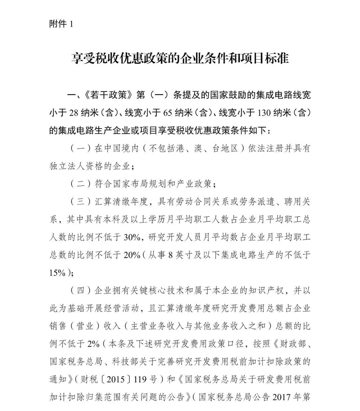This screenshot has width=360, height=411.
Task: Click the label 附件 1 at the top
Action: click(x=61, y=24)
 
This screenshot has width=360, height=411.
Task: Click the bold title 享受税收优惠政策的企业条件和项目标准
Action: click(x=180, y=58)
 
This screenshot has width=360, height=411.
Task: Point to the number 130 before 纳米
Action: click(x=265, y=113)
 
